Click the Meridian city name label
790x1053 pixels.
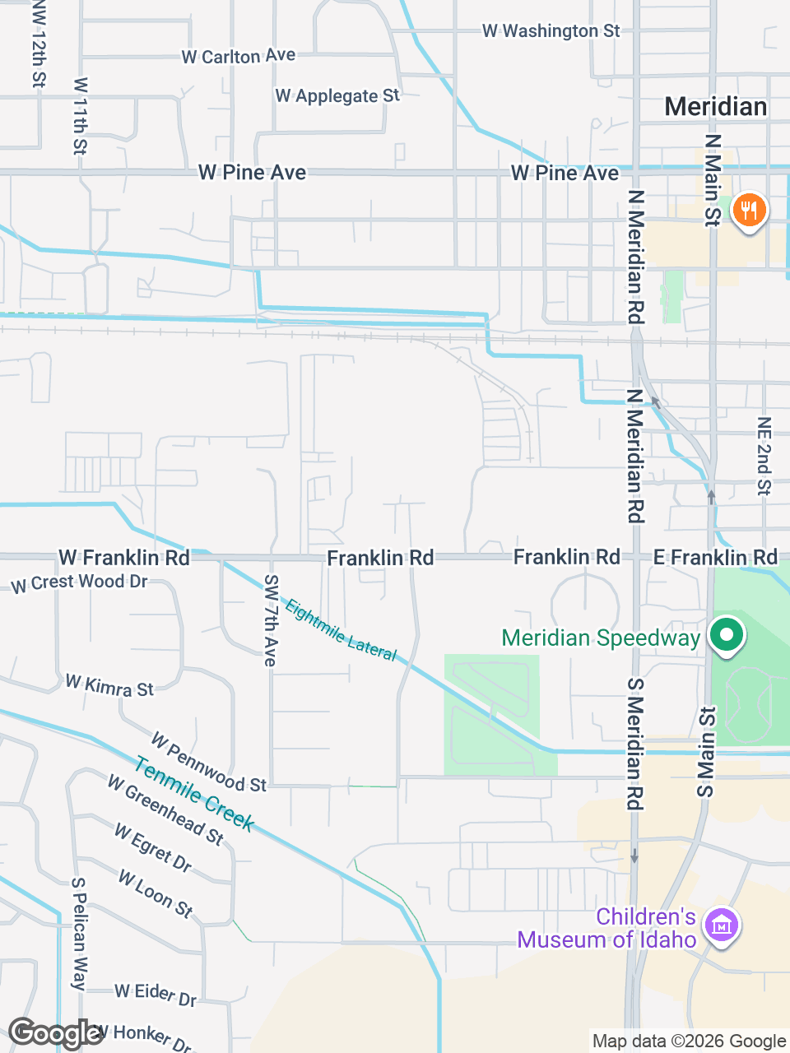click(716, 107)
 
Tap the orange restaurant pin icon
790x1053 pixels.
click(749, 211)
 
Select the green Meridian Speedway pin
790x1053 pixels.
click(727, 636)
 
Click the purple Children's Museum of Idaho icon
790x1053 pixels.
click(722, 926)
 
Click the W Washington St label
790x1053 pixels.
click(551, 31)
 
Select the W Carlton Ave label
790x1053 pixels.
click(238, 56)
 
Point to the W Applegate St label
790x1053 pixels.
click(337, 96)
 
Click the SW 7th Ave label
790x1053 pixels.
click(271, 619)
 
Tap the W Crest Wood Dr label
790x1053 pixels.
click(79, 582)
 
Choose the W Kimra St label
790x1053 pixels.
click(109, 685)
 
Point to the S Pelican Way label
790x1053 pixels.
click(79, 933)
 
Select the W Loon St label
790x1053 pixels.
click(156, 893)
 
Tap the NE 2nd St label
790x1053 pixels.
click(764, 456)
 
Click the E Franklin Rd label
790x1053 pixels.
click(715, 558)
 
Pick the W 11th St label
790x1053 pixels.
click(80, 116)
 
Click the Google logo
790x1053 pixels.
click(56, 1033)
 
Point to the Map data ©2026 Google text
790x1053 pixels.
click(689, 1041)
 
